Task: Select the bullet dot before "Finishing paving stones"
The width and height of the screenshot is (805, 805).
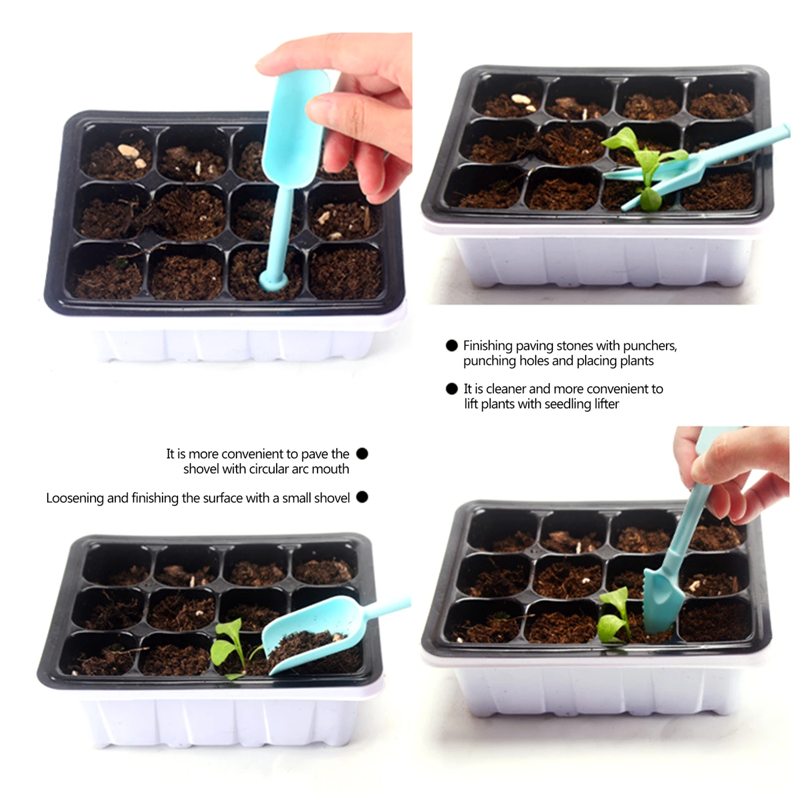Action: tap(451, 345)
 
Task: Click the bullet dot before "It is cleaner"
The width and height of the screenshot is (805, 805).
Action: tap(451, 388)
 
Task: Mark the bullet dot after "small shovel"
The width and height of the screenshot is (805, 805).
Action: tap(362, 497)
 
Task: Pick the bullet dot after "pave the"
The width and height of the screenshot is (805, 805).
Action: tap(362, 453)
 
